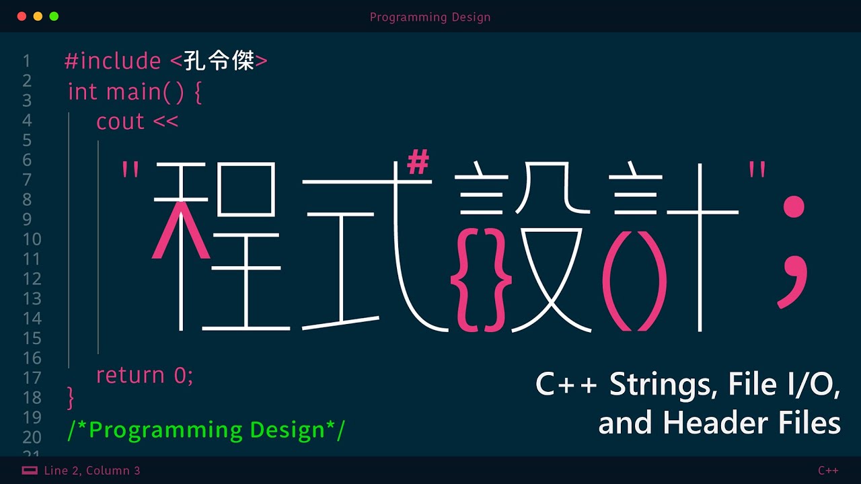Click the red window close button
point(22,17)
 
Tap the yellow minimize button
point(38,17)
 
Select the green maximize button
point(54,17)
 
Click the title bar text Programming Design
point(430,17)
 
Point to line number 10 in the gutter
point(32,239)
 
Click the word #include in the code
point(112,61)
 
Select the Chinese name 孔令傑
point(219,61)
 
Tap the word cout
point(120,122)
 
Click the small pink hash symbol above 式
point(418,162)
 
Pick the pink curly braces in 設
point(481,280)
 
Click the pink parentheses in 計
point(634,281)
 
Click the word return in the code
point(130,375)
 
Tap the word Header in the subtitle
point(716,423)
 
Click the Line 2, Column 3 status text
point(92,471)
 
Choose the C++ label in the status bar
point(828,471)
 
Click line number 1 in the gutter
point(26,61)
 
